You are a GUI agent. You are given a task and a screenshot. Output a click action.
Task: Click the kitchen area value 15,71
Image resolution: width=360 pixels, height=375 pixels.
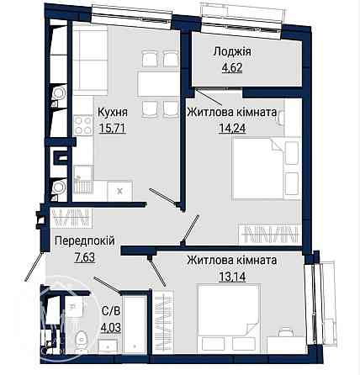[x=112, y=129]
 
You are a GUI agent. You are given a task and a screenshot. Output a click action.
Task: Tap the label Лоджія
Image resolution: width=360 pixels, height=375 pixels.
[x=232, y=51]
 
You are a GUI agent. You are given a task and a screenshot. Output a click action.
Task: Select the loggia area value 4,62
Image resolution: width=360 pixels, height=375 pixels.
[x=232, y=67]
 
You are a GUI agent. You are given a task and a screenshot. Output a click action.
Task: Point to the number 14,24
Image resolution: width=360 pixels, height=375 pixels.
[x=232, y=129]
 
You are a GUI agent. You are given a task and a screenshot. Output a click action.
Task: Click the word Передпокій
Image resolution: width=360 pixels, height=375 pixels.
[x=85, y=240]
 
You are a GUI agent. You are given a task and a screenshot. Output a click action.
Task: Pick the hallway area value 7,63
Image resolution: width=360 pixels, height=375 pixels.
[x=85, y=257]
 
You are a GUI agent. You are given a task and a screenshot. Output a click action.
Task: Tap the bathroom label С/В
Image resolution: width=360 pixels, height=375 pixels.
[x=111, y=311]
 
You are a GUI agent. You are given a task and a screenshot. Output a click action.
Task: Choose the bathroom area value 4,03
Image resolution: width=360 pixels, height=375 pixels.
[x=111, y=327]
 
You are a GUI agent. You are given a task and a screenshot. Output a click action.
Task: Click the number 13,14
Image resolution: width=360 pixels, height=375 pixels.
[x=232, y=277]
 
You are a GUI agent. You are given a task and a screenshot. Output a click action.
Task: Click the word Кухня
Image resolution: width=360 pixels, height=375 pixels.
[x=113, y=112]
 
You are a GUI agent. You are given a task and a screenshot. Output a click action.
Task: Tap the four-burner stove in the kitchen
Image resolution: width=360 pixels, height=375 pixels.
[x=83, y=125]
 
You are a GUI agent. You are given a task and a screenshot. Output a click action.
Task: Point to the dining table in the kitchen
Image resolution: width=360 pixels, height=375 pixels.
[x=158, y=84]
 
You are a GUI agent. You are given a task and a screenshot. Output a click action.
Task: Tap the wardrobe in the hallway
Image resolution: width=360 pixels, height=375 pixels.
[x=71, y=218]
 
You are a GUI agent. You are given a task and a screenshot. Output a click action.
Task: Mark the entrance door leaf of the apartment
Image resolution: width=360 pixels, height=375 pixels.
[x=34, y=266]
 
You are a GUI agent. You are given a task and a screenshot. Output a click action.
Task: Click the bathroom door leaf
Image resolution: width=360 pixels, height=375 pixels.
[x=108, y=285]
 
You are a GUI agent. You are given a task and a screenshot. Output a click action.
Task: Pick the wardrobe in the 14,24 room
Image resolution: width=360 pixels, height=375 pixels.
[x=270, y=234]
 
